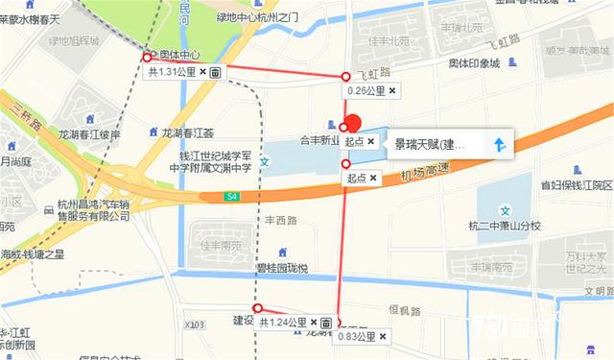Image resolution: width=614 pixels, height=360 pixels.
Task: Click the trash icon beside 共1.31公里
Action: tap(216, 72)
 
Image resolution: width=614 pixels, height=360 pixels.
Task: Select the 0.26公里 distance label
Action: tap(366, 91)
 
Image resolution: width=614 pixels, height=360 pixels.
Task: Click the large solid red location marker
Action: tap(352, 125)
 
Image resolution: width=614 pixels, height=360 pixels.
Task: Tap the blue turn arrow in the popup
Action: tap(498, 145)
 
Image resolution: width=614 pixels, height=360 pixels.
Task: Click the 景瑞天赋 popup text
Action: tap(430, 145)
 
